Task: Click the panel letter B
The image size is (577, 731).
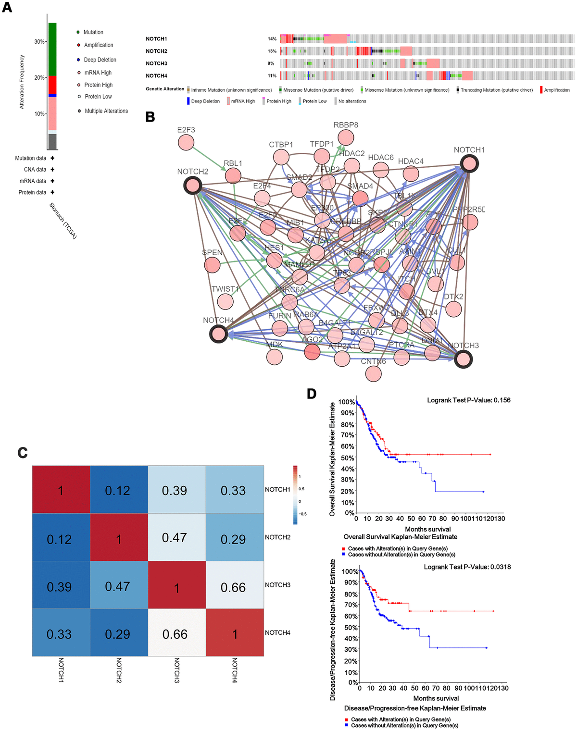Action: click(x=151, y=117)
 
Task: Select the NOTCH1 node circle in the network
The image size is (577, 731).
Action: click(x=469, y=164)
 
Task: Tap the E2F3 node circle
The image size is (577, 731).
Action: click(x=186, y=142)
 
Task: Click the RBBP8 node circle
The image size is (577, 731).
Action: click(x=346, y=137)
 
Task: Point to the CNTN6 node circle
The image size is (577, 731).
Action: click(x=374, y=373)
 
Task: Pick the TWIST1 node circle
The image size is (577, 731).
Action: click(x=225, y=301)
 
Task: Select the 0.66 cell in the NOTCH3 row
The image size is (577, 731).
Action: click(x=233, y=587)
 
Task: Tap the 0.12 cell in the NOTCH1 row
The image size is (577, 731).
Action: click(x=118, y=491)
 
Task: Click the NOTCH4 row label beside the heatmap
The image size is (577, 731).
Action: click(x=277, y=632)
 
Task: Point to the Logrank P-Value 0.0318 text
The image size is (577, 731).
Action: click(x=467, y=567)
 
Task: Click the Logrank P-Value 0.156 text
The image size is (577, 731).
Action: click(x=469, y=400)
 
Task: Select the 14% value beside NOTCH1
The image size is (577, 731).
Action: click(x=272, y=39)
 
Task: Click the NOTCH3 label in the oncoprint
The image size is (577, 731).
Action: click(x=157, y=63)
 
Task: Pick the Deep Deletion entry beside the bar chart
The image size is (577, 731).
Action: click(x=100, y=60)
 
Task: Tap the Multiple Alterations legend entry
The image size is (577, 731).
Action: click(x=106, y=111)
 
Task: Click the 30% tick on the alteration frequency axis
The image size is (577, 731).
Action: click(x=39, y=42)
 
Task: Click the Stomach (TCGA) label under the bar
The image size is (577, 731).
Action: click(x=63, y=221)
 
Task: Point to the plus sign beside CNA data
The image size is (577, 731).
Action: click(x=52, y=170)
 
